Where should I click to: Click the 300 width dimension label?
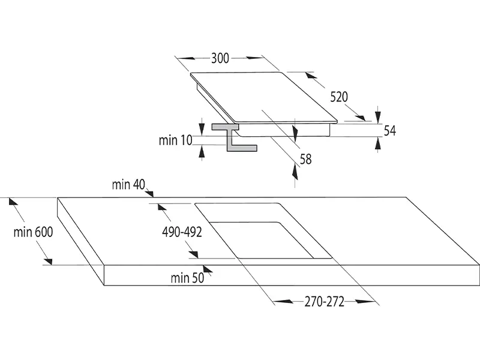click(220, 58)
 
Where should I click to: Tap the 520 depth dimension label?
click(339, 97)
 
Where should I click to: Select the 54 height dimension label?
click(390, 131)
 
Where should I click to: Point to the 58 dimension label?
click(305, 159)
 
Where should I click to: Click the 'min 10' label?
click(175, 140)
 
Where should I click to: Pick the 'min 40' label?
click(128, 184)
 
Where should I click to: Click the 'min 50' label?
click(187, 277)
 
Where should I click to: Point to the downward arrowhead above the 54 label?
click(377, 114)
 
